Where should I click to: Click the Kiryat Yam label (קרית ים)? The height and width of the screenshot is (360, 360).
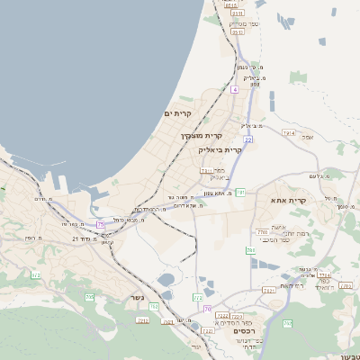179,112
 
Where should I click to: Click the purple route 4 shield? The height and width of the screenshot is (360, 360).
234,89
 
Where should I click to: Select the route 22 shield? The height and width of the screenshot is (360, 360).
247,139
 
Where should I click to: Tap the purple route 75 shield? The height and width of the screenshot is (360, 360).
101,223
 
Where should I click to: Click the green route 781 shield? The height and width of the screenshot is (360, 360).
241,192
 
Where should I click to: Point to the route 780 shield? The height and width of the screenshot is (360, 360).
262,232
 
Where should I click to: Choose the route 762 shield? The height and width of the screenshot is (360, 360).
155,307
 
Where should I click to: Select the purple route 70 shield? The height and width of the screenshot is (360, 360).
207,309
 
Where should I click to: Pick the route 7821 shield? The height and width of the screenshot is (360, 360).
268,290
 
